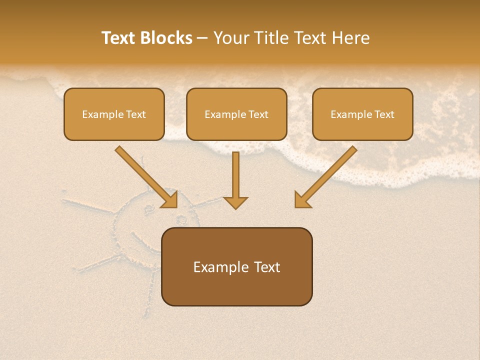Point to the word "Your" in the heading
coord(230,38)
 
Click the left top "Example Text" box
coord(114,114)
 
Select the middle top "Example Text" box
coord(236,114)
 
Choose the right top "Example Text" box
coord(362,114)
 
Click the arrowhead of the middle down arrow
coord(235,202)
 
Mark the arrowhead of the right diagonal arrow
coord(301,200)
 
